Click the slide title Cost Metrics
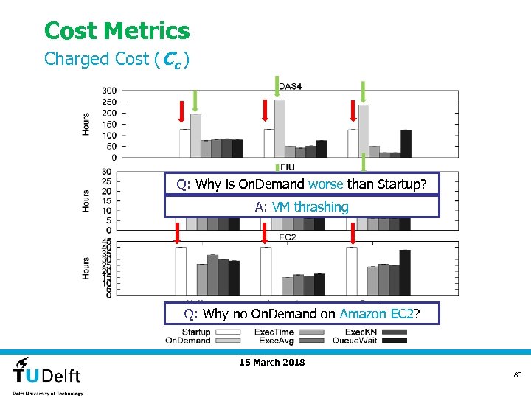point(117,31)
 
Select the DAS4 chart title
point(290,87)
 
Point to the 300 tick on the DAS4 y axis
point(109,91)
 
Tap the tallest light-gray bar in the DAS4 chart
point(280,128)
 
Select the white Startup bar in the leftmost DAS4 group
point(184,143)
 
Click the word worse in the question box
point(325,184)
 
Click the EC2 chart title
point(288,237)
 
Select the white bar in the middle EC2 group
point(268,271)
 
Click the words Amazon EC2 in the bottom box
point(376,314)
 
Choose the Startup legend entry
point(196,332)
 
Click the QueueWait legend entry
point(358,341)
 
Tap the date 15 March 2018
point(272,362)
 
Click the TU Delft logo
point(48,374)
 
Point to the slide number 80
point(518,375)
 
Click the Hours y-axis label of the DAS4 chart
point(86,124)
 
